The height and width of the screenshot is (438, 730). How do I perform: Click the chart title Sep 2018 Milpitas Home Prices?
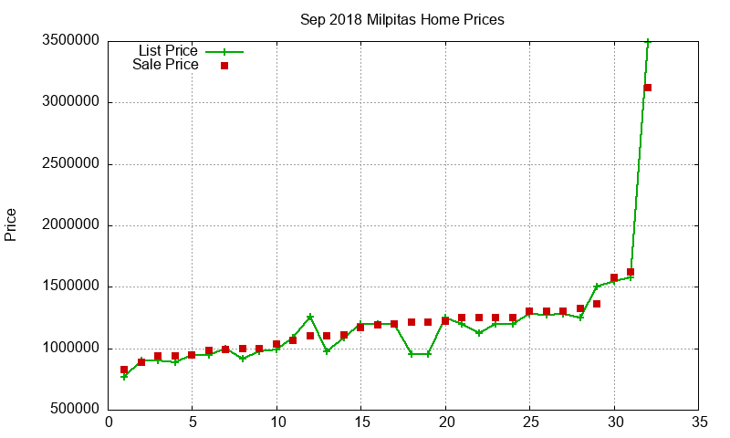coord(401,19)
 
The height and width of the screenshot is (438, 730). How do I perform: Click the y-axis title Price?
coord(11,224)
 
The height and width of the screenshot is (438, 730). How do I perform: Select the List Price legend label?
coord(168,50)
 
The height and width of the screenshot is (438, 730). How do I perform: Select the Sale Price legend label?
coord(165,65)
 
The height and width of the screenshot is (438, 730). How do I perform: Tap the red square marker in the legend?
coord(224,66)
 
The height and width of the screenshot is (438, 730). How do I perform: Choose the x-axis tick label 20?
coord(444,423)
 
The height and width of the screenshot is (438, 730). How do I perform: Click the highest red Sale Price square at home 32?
coord(647,88)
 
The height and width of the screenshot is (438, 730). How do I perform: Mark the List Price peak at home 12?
coord(310,317)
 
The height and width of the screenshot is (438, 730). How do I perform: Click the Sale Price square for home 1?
coord(124,370)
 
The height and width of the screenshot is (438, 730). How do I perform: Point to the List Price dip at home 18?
coord(412,354)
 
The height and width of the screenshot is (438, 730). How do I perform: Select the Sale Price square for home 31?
coord(631,272)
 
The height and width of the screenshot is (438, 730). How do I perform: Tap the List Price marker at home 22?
coord(479,333)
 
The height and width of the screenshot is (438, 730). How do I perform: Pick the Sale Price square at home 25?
coord(529,312)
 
